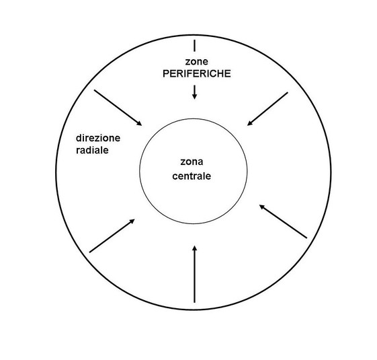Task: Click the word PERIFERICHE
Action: click(197, 74)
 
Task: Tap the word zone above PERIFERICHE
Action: click(197, 62)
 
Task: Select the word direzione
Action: click(98, 138)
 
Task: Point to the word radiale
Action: click(92, 150)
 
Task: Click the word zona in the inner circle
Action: click(192, 161)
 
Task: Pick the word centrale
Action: click(192, 176)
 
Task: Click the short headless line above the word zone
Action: click(194, 46)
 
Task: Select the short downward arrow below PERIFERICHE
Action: click(194, 92)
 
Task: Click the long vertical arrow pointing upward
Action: click(194, 274)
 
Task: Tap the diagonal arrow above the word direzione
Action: click(118, 108)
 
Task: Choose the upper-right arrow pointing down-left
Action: click(267, 109)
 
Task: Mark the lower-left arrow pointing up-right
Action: click(112, 236)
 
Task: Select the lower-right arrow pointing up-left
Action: click(283, 221)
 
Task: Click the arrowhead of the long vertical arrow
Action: click(194, 248)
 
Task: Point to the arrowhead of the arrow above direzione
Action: click(140, 124)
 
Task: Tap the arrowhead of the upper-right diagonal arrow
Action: click(250, 124)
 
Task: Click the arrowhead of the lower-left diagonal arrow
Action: click(132, 221)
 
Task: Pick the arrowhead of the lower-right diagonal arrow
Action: click(262, 207)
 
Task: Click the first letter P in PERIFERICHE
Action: click(166, 74)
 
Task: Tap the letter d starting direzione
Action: click(79, 138)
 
